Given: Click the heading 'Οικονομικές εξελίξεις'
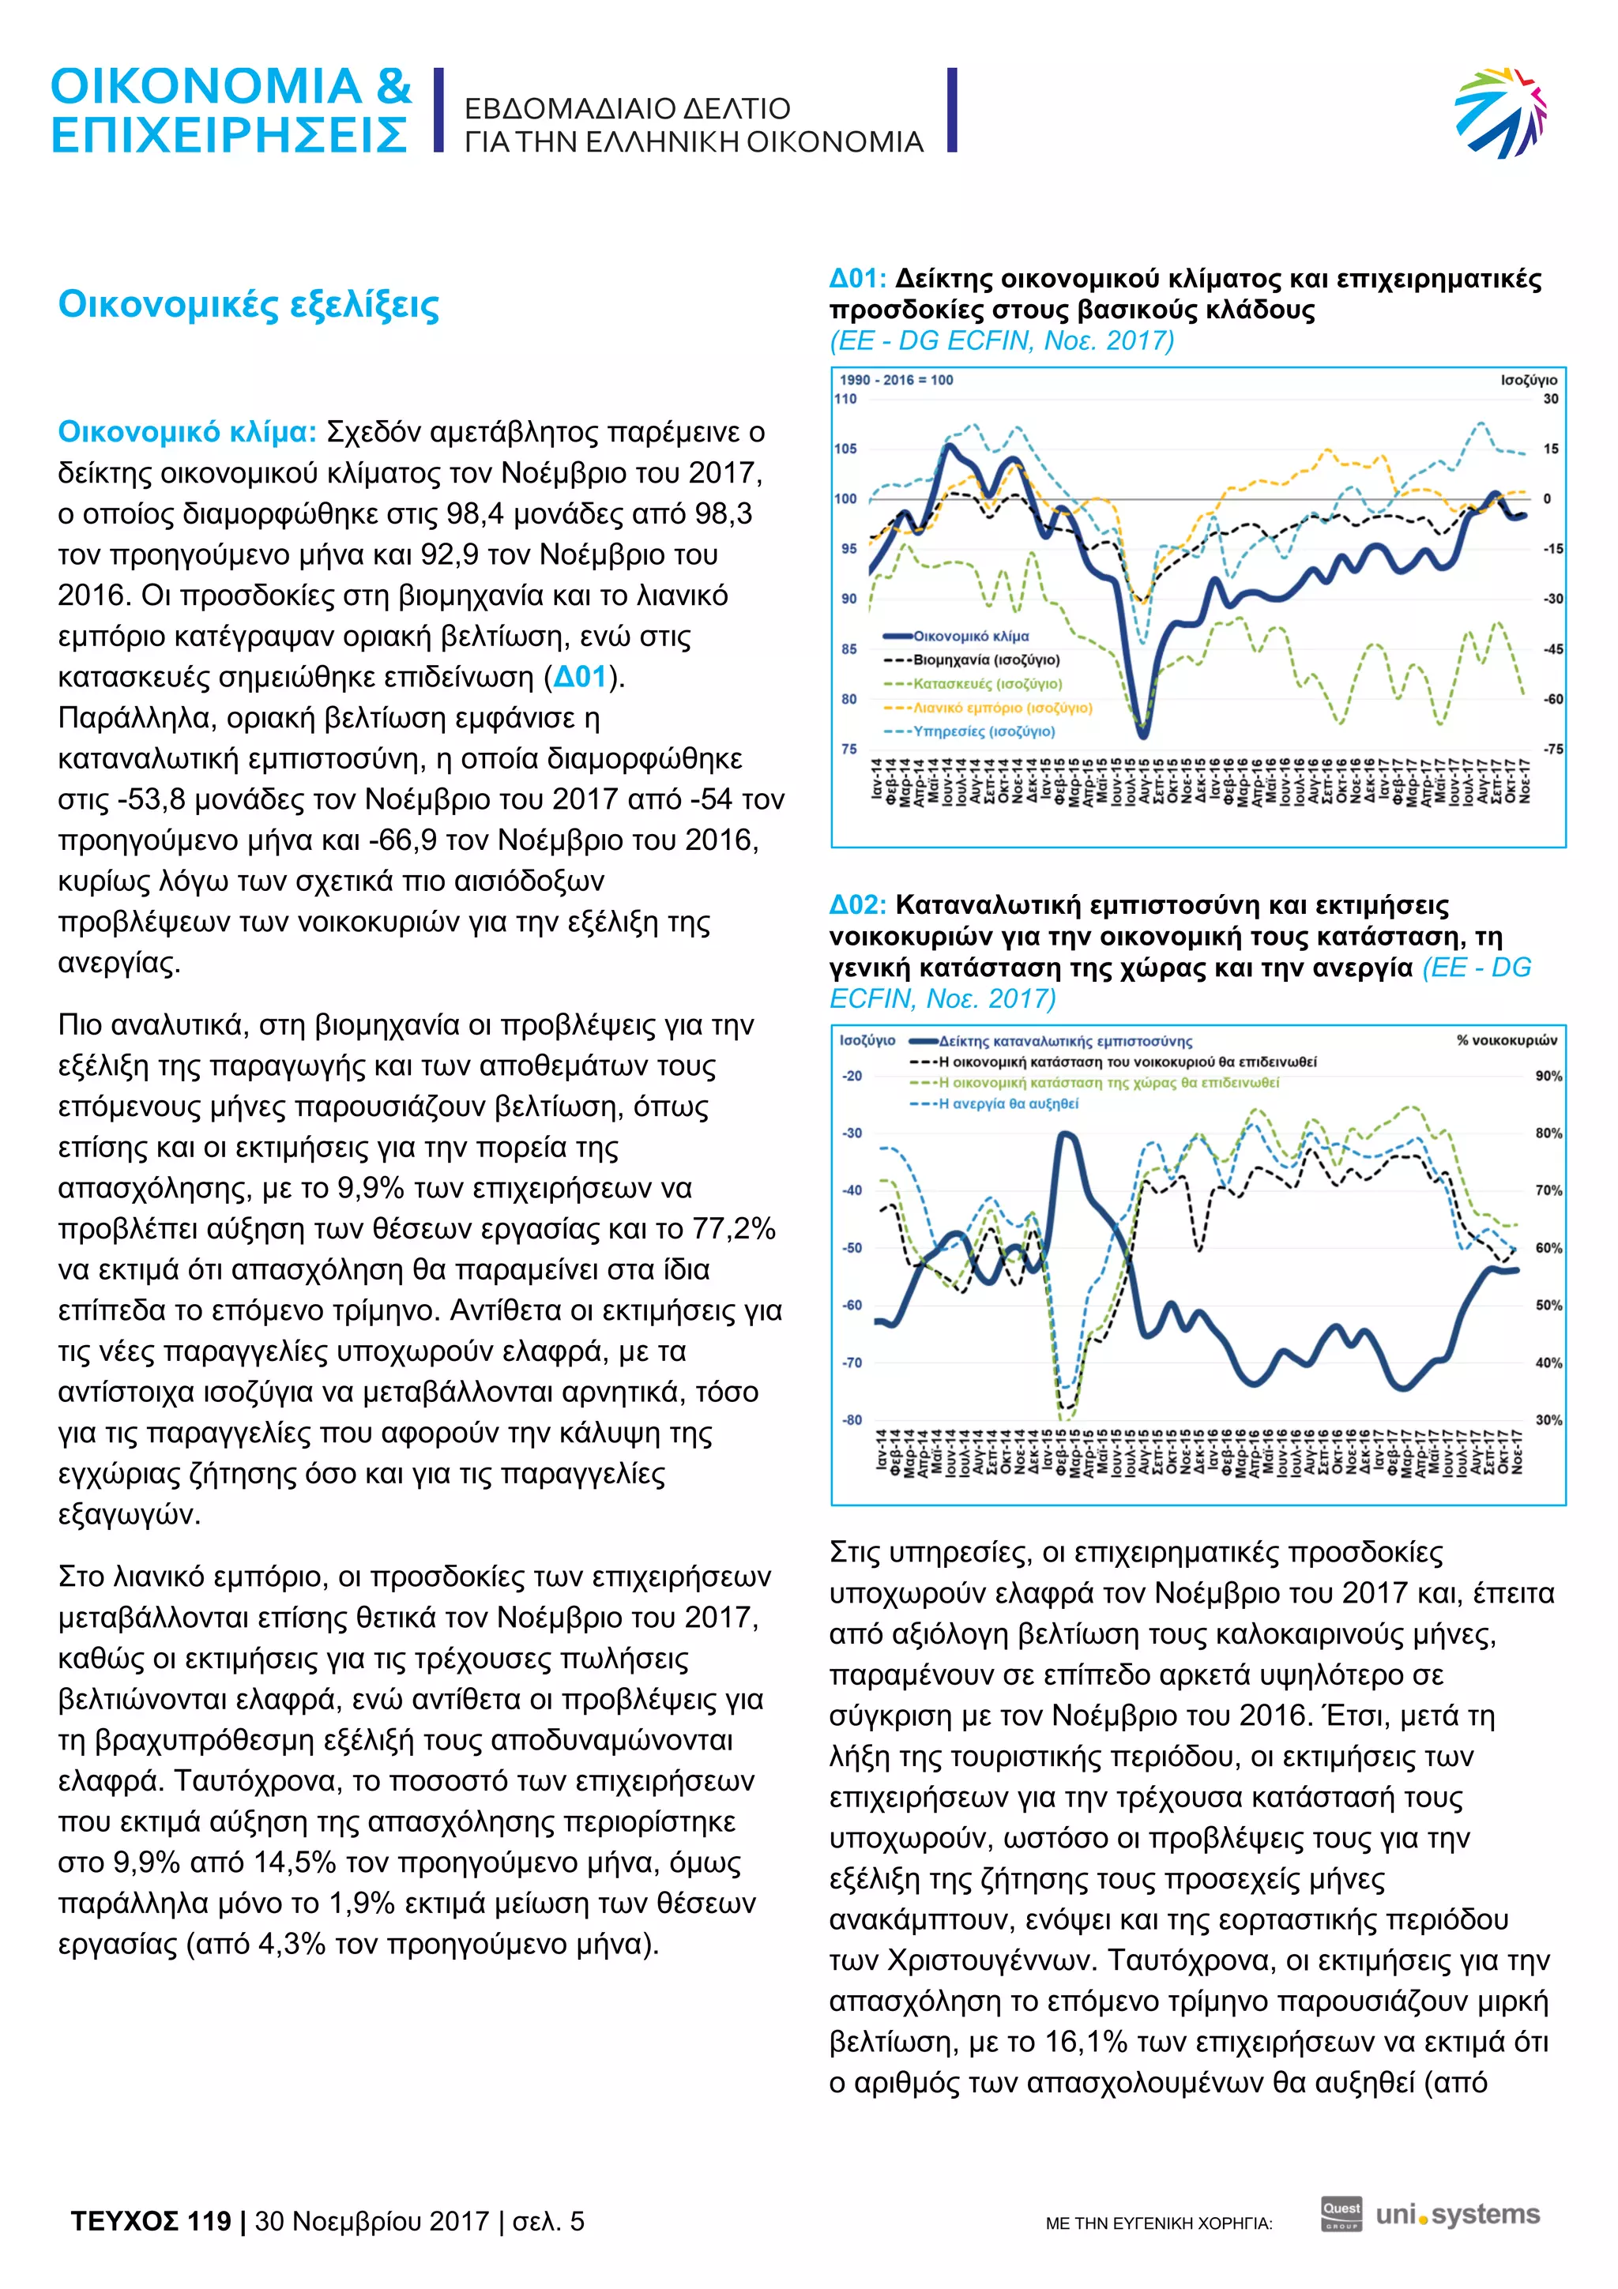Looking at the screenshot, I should coord(248,305).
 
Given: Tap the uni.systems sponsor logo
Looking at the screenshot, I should coord(1458,2216).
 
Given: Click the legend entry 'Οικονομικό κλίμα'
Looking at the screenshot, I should coord(971,636).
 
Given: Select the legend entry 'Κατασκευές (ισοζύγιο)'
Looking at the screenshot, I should coord(987,684).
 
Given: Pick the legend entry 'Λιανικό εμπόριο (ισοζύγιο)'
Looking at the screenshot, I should coord(1002,708).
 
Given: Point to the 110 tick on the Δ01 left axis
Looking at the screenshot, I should coord(845,399).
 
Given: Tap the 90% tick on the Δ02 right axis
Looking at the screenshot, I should coord(1548,1076).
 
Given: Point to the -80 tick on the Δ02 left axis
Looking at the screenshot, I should coord(852,1419).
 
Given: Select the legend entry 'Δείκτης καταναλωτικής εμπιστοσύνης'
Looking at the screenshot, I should coord(1065,1041).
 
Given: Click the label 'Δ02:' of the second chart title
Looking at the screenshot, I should coord(857,905).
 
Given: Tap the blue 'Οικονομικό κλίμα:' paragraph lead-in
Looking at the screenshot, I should coord(187,432).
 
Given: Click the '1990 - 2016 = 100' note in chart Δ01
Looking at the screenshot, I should coord(896,380).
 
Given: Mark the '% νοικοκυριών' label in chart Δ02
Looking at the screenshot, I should coord(1507,1039).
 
